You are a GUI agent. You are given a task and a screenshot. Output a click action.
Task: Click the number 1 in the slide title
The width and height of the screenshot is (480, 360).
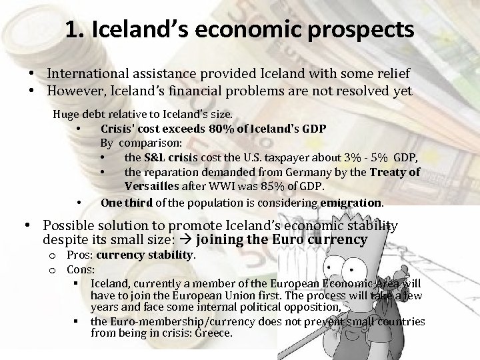72,30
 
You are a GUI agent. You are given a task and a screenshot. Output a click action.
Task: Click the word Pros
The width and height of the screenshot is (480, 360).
78,256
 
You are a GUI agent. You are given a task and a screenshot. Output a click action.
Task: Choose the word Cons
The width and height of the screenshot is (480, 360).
79,270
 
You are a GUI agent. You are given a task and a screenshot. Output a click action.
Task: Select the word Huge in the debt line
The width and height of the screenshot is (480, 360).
65,113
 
